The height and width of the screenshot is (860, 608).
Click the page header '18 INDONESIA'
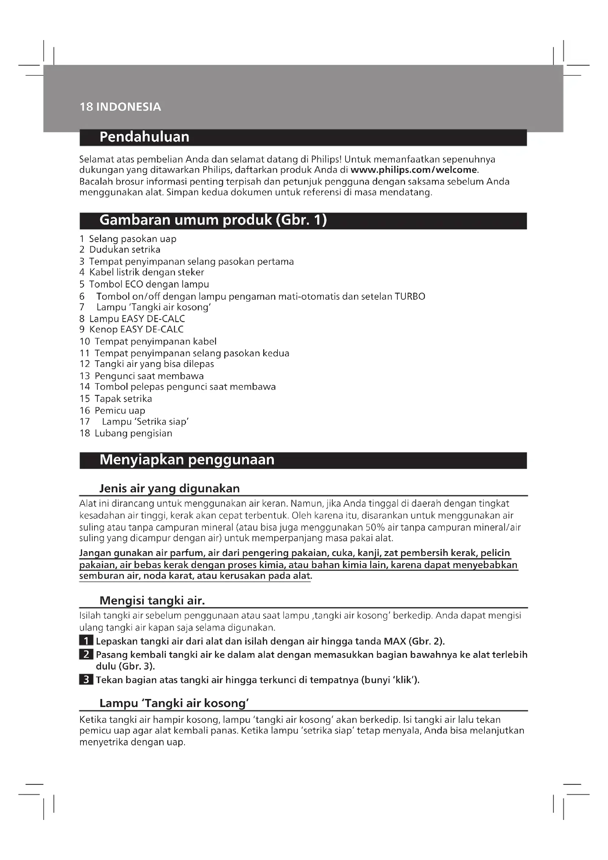[x=120, y=107]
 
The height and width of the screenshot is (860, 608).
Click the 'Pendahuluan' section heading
[x=144, y=137]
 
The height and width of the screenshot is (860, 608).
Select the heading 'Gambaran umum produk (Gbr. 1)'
[x=213, y=220]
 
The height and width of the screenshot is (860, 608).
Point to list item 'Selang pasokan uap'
[x=133, y=239]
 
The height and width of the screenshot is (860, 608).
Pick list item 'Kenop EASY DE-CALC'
[x=136, y=329]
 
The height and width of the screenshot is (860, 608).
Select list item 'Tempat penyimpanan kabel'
[x=155, y=341]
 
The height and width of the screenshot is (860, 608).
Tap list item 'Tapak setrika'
[x=123, y=399]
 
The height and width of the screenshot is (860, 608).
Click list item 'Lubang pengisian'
[x=133, y=433]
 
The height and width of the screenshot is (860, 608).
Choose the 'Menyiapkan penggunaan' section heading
[x=187, y=460]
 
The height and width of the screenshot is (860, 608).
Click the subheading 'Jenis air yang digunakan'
[x=169, y=488]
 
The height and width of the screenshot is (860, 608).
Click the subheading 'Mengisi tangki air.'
[x=152, y=601]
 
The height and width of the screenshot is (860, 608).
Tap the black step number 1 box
[x=86, y=641]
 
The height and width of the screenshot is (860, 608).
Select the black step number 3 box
[x=86, y=680]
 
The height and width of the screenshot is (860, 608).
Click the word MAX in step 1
[x=395, y=641]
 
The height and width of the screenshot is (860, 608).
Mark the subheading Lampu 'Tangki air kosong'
[x=174, y=703]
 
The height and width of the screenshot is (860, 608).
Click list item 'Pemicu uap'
[x=120, y=411]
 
